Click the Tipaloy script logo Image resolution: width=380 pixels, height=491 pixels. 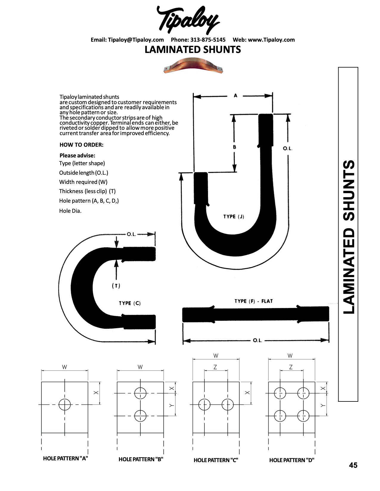click(188, 20)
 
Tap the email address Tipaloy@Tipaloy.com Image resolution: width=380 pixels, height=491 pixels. click(136, 40)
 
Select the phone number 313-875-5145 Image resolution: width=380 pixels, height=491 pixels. click(208, 40)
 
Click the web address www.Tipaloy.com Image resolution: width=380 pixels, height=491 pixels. click(271, 40)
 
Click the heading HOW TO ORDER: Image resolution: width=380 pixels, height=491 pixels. click(81, 145)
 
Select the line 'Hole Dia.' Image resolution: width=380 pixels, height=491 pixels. click(70, 211)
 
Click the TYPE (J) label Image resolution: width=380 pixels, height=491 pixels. click(234, 216)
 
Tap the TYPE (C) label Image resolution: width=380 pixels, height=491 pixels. click(130, 303)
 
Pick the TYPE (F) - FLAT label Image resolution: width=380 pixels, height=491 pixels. click(254, 301)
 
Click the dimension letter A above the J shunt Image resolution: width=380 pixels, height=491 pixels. click(235, 96)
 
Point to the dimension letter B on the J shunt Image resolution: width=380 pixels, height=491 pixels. click(235, 147)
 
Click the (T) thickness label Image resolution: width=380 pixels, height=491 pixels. click(116, 286)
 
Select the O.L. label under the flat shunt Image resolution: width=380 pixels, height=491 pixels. click(257, 340)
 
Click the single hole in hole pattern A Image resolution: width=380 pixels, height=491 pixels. click(64, 404)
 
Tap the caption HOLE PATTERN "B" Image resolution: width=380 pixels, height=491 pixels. click(141, 459)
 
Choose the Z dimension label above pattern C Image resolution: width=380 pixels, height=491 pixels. click(215, 367)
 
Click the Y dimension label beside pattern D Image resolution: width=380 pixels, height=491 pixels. click(323, 406)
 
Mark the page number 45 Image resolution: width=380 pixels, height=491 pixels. click(353, 465)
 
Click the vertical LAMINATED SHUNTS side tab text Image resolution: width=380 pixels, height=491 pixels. click(349, 237)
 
